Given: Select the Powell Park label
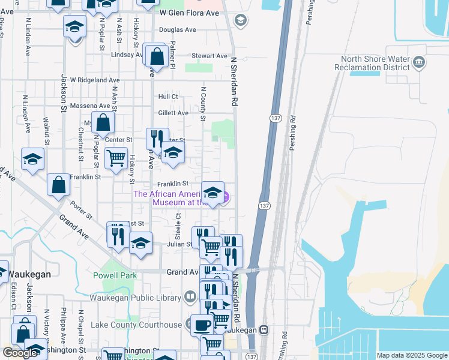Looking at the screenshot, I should coord(115,275).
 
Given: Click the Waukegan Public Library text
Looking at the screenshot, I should coord(135,298).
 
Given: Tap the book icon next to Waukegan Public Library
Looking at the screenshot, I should coord(190,296).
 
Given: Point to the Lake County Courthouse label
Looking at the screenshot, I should coord(136,325).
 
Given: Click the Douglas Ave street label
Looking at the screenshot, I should coord(178,29).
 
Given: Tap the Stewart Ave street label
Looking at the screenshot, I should coord(209,56).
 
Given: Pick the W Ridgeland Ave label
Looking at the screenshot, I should coord(95,80).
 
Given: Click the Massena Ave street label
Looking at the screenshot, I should coord(86,106).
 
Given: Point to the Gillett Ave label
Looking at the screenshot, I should coord(173,113).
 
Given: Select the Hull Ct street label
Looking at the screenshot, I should coord(168,97).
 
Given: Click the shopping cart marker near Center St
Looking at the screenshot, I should coord(116,158).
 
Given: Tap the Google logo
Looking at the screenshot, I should coord(20,353).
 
